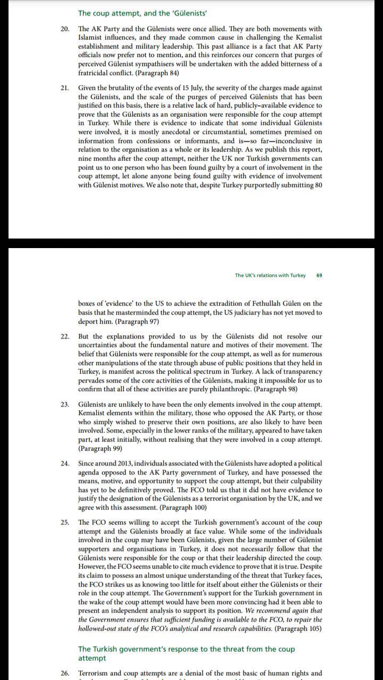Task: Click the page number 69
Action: point(319,275)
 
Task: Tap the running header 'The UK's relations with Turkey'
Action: point(270,275)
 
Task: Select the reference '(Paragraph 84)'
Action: point(154,72)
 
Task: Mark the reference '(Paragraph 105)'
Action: point(298,628)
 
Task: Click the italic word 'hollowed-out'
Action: point(99,628)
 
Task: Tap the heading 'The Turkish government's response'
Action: point(186,649)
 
